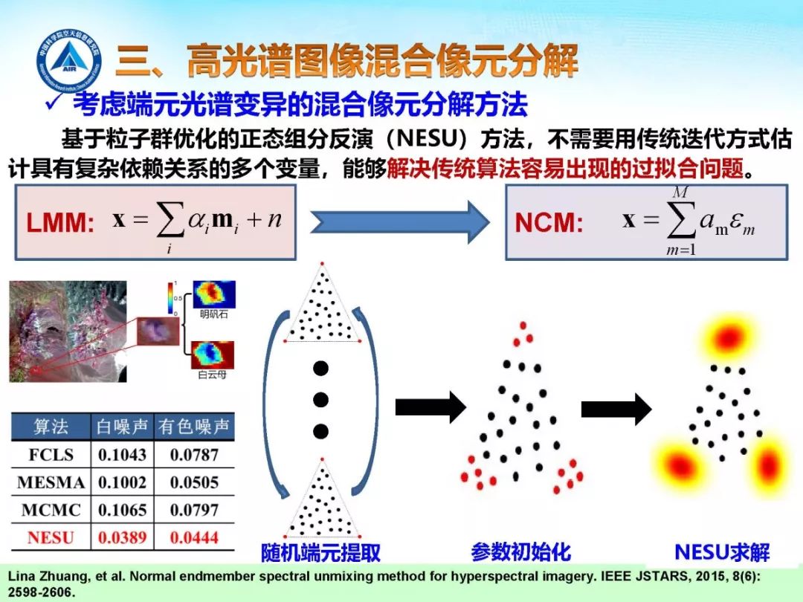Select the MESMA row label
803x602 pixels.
click(x=51, y=482)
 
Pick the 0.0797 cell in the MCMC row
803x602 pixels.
click(x=194, y=510)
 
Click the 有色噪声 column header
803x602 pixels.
click(x=194, y=427)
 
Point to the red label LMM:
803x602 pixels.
click(x=60, y=223)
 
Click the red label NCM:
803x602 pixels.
click(x=549, y=223)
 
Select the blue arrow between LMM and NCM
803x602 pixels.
click(x=399, y=221)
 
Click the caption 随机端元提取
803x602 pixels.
click(x=320, y=553)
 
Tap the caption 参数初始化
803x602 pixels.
click(x=520, y=551)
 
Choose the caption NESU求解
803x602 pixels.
click(x=721, y=552)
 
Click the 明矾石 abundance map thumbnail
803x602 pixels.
click(x=214, y=294)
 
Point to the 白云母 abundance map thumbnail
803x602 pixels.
click(x=213, y=355)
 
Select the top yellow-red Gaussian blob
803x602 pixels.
click(x=726, y=338)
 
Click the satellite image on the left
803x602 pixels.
click(x=68, y=331)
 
